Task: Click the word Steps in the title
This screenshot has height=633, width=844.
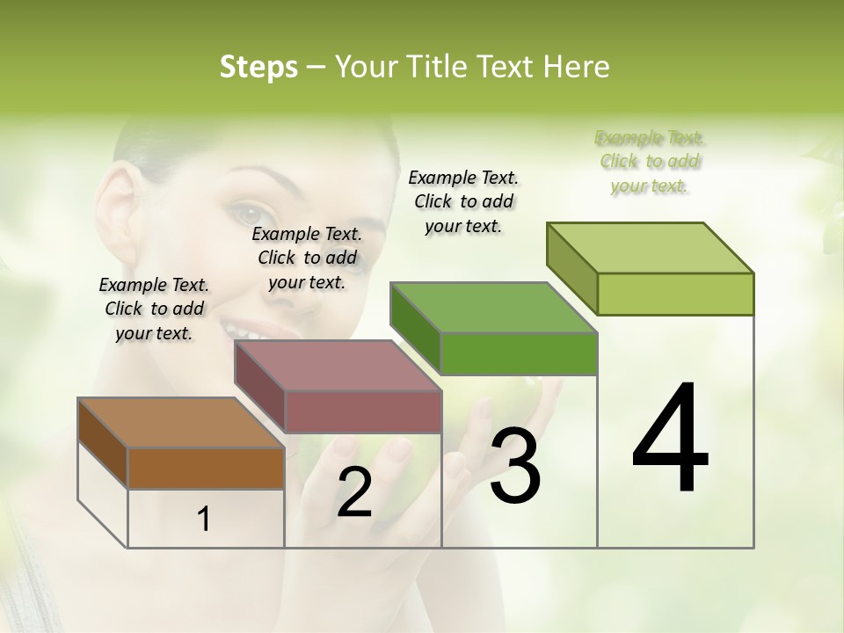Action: tap(258, 68)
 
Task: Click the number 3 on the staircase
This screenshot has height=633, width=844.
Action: tap(515, 466)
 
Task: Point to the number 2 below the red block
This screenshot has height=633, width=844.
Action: tap(355, 492)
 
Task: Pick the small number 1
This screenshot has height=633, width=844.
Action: tap(204, 520)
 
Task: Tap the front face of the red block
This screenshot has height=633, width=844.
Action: tap(363, 411)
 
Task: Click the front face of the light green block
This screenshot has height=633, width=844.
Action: tap(675, 294)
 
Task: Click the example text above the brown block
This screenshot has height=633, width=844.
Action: tap(154, 309)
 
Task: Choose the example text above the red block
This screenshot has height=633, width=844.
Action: tap(307, 258)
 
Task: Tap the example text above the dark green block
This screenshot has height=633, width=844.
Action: tap(463, 201)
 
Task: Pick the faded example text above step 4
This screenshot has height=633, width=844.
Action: tap(650, 162)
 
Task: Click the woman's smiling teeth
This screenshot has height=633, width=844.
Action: tap(249, 333)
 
